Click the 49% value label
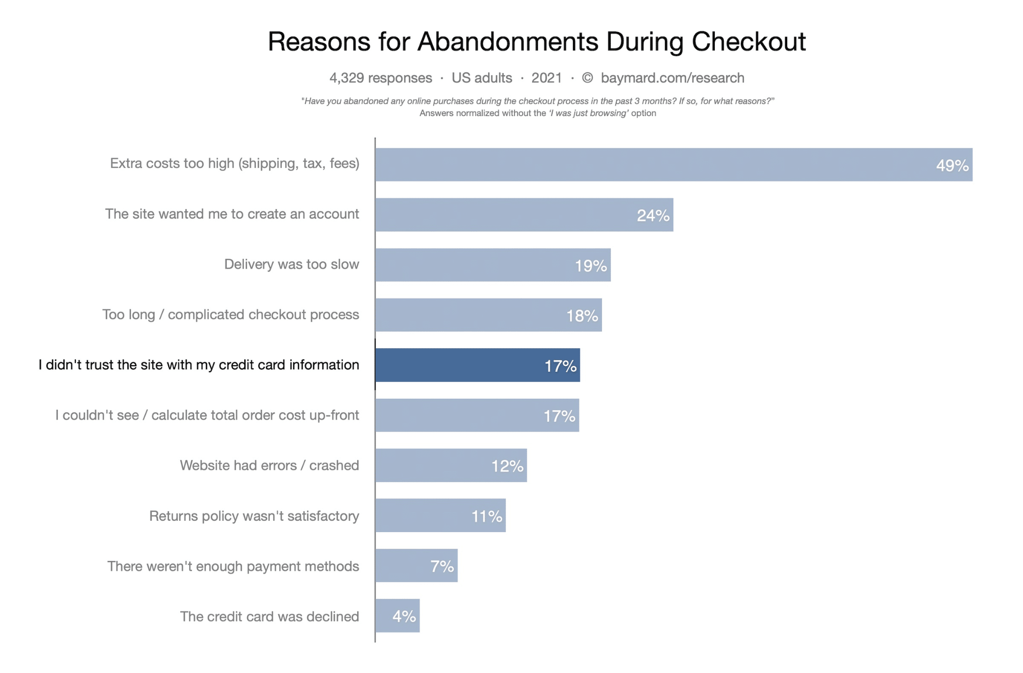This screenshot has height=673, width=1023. pyautogui.click(x=952, y=165)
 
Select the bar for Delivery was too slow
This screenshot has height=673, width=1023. pyautogui.click(x=493, y=265)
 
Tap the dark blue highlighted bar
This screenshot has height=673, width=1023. pyautogui.click(x=477, y=365)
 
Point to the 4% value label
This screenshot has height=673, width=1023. pyautogui.click(x=404, y=617)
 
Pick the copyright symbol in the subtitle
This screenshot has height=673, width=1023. pyautogui.click(x=587, y=78)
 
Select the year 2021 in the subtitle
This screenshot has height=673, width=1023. pyautogui.click(x=546, y=78)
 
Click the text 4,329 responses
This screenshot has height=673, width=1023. pyautogui.click(x=381, y=78)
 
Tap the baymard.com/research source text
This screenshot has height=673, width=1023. pyautogui.click(x=672, y=78)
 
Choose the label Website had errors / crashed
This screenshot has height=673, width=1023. pyautogui.click(x=269, y=466)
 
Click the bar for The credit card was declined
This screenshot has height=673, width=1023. pyautogui.click(x=397, y=616)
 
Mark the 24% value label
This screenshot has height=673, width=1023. pyautogui.click(x=653, y=215)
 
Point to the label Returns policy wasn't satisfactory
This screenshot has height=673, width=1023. pyautogui.click(x=254, y=516)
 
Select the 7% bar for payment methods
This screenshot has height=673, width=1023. pyautogui.click(x=416, y=566)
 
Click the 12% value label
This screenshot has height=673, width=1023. pyautogui.click(x=507, y=466)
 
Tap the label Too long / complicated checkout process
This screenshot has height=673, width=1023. pyautogui.click(x=230, y=315)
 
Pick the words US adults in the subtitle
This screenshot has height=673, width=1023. pyautogui.click(x=482, y=78)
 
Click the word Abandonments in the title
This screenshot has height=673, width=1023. pyautogui.click(x=508, y=41)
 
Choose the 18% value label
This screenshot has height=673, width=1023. pyautogui.click(x=582, y=316)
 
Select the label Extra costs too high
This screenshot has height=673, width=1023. pyautogui.click(x=234, y=163)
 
